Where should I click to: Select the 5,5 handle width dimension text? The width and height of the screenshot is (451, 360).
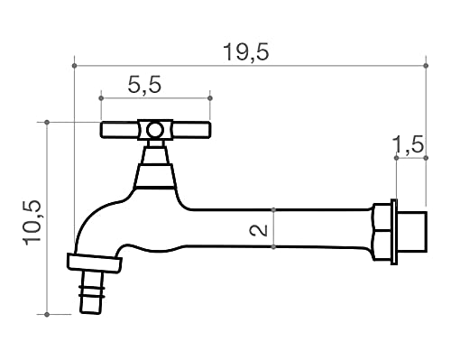point(144,86)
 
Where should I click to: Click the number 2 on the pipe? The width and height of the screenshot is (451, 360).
point(260,230)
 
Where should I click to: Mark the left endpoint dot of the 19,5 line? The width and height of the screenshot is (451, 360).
point(74,65)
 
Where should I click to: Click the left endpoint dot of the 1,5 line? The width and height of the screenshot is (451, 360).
point(396,159)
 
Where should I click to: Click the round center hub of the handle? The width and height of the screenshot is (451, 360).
point(155,131)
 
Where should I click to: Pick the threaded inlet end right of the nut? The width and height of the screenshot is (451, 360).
point(411,231)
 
